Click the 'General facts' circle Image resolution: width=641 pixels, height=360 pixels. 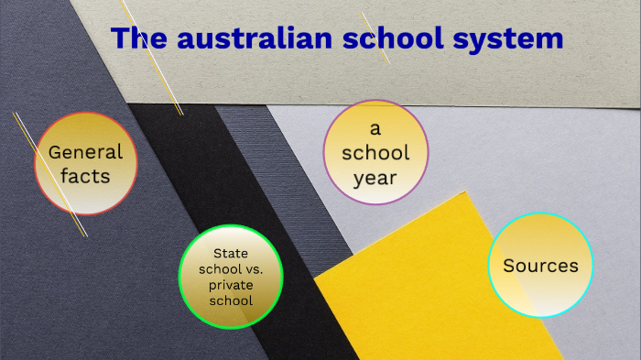(85, 163)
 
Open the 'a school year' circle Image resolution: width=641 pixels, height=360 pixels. (375, 151)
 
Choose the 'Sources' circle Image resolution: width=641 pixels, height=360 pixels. (540, 266)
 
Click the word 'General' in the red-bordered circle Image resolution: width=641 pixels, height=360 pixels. (85, 152)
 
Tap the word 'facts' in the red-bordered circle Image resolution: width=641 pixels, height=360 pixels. (85, 175)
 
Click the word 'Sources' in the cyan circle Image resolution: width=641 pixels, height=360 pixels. (540, 266)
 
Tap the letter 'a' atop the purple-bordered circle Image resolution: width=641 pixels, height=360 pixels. (375, 126)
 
